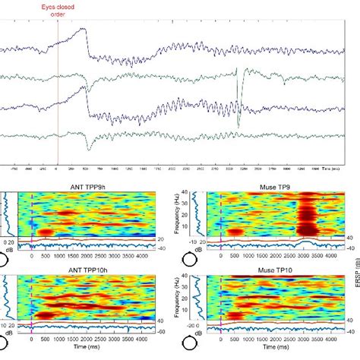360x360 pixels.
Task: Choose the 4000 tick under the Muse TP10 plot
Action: pos(326,338)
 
